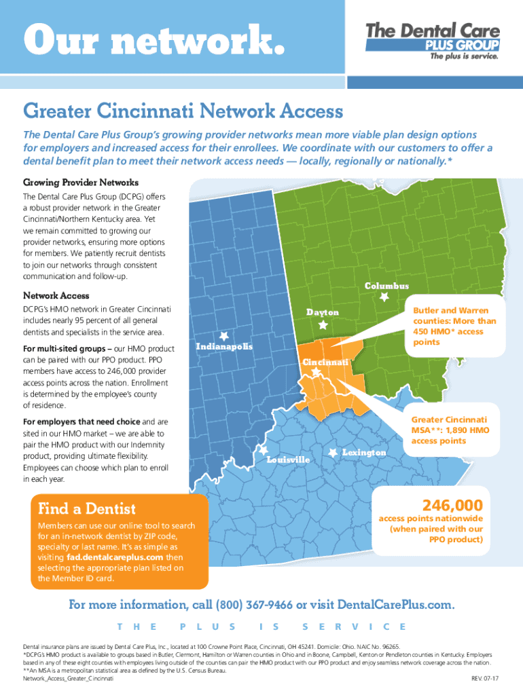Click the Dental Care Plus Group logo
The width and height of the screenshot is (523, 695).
[433, 41]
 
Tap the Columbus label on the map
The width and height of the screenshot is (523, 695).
[386, 286]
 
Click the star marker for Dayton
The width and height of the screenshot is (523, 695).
[323, 325]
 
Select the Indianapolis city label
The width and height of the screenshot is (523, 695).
[224, 347]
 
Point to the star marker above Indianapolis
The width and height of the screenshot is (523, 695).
[223, 335]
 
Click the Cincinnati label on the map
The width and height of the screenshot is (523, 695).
[325, 362]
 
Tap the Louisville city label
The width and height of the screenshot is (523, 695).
[288, 459]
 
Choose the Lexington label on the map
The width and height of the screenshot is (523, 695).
[364, 452]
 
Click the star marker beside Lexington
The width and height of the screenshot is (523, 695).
[333, 452]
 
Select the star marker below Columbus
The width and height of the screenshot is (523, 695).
[384, 297]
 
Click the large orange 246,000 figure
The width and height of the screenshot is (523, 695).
[452, 506]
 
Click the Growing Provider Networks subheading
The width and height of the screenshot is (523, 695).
[81, 183]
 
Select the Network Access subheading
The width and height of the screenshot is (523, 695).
[56, 296]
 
